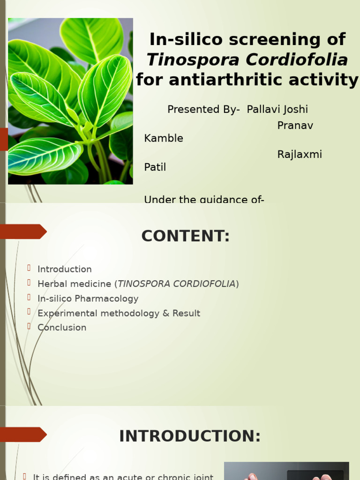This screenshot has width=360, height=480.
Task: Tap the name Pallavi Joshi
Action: click(x=277, y=110)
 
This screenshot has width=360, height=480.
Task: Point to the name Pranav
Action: click(x=295, y=126)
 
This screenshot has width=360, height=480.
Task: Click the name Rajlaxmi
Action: click(x=300, y=155)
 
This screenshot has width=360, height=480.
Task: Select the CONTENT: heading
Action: click(x=186, y=236)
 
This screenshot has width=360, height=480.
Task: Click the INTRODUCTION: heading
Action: click(x=190, y=436)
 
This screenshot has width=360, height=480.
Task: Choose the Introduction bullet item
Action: click(x=65, y=270)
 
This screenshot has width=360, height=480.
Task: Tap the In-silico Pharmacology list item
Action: click(x=88, y=299)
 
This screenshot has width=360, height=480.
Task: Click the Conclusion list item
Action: click(x=62, y=328)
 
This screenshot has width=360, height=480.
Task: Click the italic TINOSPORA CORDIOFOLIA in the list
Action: click(x=176, y=284)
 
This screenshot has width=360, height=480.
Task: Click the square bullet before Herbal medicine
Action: click(x=29, y=283)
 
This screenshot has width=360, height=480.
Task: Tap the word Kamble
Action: click(x=164, y=138)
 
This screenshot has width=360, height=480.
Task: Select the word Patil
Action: click(x=155, y=167)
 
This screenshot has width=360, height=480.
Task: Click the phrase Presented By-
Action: click(x=203, y=110)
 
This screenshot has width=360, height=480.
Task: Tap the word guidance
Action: click(x=222, y=200)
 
